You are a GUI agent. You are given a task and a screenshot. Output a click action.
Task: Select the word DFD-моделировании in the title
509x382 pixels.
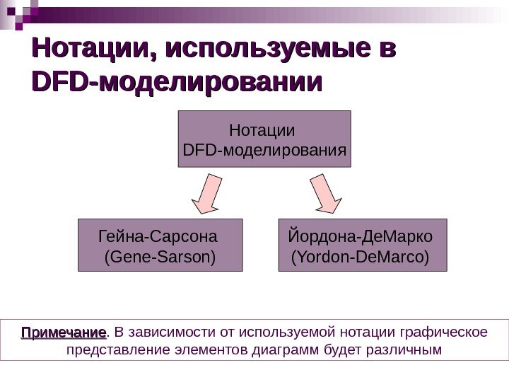click(176, 83)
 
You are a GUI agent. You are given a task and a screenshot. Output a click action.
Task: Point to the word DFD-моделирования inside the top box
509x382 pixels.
click(264, 150)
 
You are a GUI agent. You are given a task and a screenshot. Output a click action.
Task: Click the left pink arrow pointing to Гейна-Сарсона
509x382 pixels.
click(207, 194)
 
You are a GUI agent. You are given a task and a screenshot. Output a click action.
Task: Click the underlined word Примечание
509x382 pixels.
click(63, 332)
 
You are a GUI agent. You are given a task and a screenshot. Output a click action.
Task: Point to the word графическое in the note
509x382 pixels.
click(444, 332)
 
